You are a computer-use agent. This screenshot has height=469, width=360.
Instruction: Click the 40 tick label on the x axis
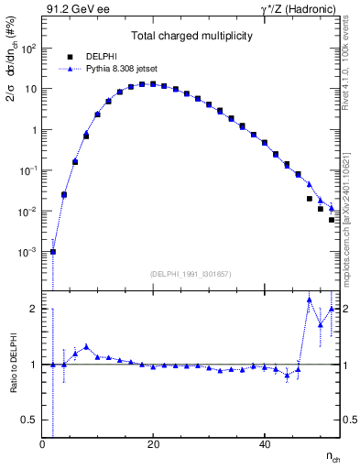pyautogui.click(x=264, y=445)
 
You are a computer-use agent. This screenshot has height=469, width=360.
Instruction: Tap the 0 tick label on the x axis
pyautogui.click(x=43, y=445)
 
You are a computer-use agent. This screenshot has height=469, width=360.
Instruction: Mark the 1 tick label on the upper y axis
pyautogui.click(x=34, y=130)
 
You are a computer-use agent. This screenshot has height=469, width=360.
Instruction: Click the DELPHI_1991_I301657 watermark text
pyautogui.click(x=191, y=273)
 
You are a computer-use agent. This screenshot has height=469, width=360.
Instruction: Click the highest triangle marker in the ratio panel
pyautogui.click(x=310, y=300)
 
